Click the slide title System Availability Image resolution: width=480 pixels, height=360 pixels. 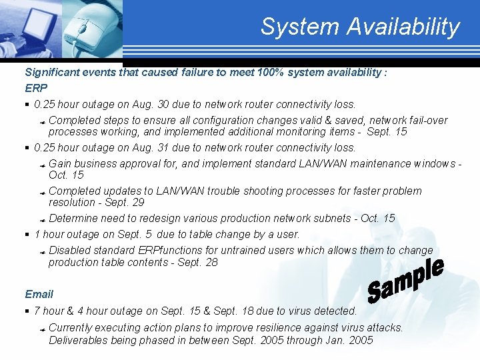coord(360,27)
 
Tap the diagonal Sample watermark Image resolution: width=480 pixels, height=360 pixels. coord(405,281)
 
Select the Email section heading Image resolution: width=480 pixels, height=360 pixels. coord(39,294)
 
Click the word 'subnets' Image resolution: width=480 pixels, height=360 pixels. coord(328,218)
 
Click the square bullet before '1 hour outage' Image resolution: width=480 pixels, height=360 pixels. coord(27,235)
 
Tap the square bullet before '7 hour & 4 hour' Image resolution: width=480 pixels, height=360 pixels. coord(27,311)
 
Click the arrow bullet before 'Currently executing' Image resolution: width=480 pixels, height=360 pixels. coord(41,329)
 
